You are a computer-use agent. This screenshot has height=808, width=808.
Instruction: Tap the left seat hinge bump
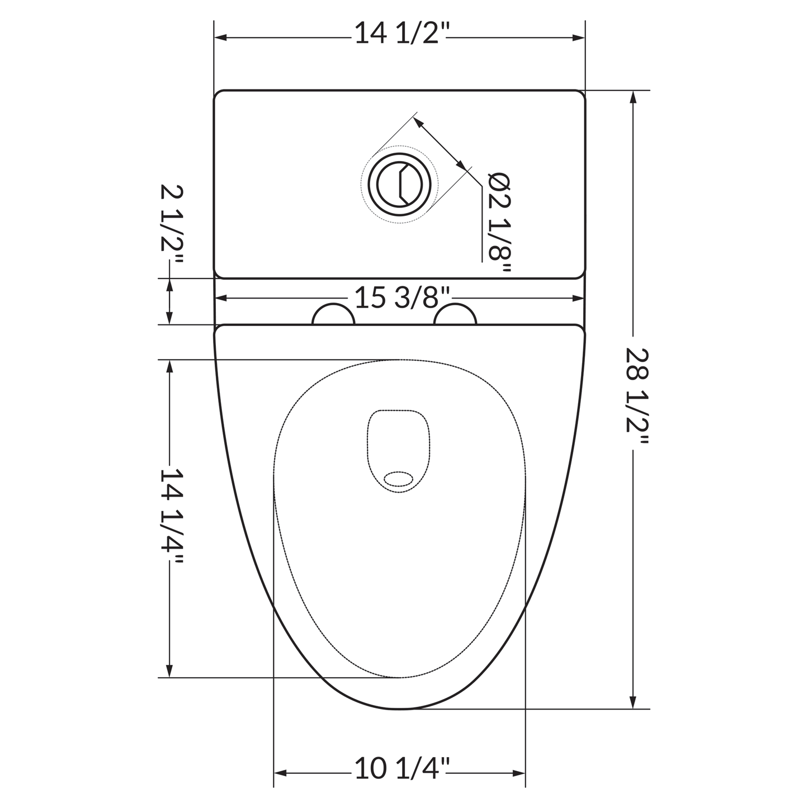pyautogui.click(x=333, y=314)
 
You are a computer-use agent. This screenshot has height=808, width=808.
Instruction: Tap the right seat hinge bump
pyautogui.click(x=455, y=314)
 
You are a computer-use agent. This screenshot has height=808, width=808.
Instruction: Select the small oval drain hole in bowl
pyautogui.click(x=398, y=479)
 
